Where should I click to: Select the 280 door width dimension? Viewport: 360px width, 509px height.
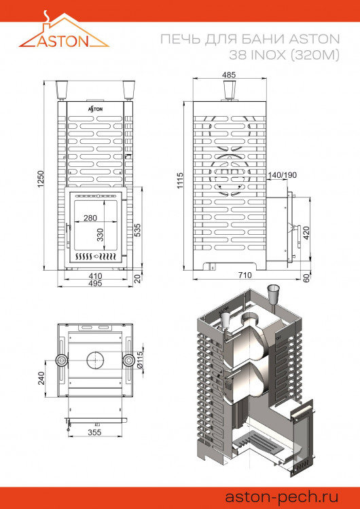click(90, 218)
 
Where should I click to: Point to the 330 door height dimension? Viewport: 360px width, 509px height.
click(101, 235)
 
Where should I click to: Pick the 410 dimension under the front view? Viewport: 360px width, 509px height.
click(95, 276)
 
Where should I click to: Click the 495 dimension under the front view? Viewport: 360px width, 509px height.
click(95, 284)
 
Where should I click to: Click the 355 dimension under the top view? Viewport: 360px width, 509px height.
click(96, 432)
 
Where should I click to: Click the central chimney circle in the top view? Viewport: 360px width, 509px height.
click(96, 359)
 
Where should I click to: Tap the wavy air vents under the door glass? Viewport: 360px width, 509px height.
click(96, 258)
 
